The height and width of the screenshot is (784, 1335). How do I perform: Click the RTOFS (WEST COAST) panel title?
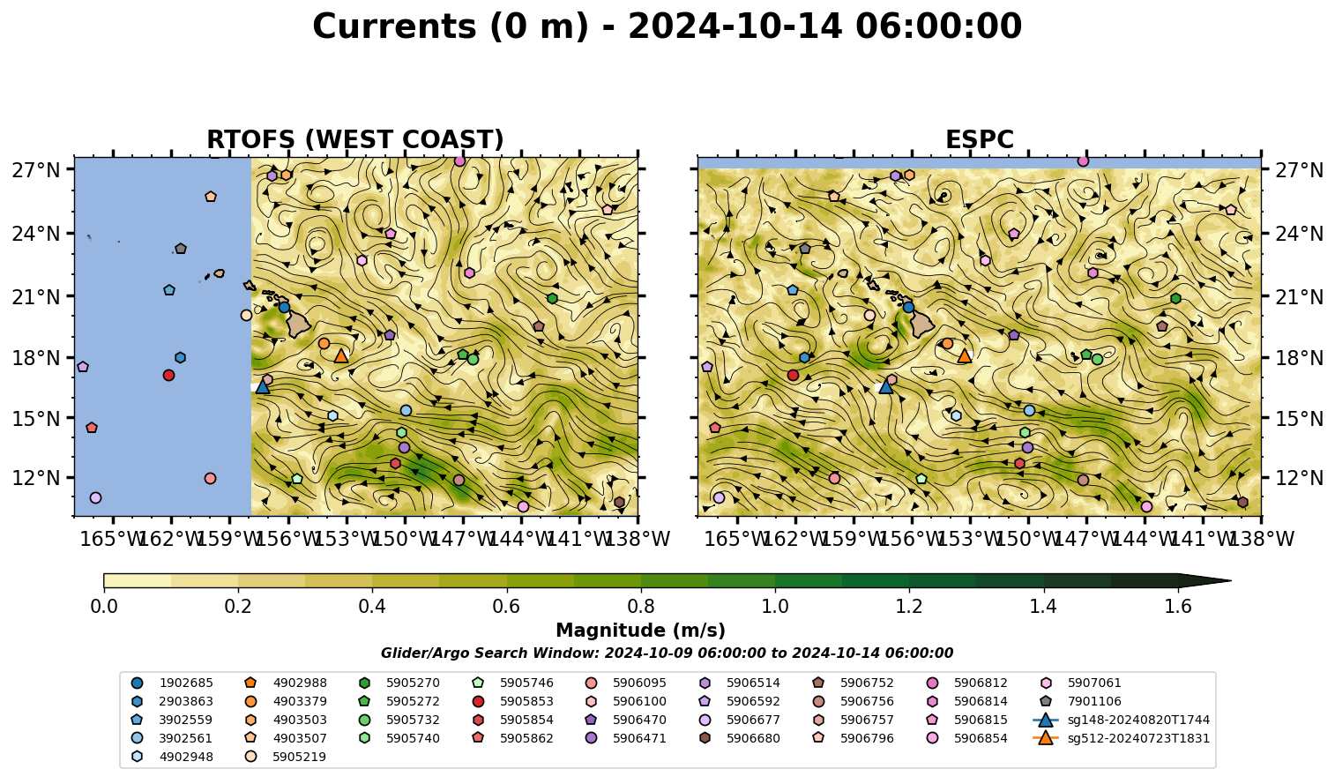pos(355,139)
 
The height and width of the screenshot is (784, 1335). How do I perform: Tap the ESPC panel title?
pos(979,139)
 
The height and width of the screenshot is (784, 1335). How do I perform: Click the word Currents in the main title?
pos(394,26)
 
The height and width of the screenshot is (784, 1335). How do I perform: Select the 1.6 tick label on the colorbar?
pos(1178,607)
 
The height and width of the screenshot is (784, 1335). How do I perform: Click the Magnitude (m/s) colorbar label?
pos(641,631)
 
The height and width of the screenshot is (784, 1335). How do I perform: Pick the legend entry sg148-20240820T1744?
pos(1121,721)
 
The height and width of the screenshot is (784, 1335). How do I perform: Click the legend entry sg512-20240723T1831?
pos(1121,739)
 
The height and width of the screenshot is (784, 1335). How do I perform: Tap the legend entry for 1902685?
pos(172,683)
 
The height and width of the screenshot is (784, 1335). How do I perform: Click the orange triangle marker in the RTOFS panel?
pos(341,356)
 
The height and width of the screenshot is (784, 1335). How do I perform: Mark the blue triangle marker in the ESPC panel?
pos(886,386)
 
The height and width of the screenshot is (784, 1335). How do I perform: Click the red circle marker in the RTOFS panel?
pos(168,375)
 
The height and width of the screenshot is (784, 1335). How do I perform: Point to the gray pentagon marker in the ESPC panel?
pos(805,248)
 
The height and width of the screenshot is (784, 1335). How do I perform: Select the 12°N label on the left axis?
pos(36,478)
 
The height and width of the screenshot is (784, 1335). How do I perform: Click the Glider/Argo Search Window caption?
pos(667,653)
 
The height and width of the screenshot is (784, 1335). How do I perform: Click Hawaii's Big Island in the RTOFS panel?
pos(299,325)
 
